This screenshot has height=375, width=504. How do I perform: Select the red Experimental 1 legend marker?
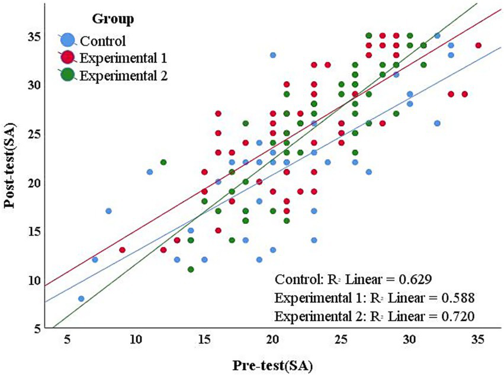click(x=69, y=58)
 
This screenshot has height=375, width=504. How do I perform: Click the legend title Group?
click(x=112, y=19)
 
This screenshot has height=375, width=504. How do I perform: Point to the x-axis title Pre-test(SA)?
click(x=272, y=363)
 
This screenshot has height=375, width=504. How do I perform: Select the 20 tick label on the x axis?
click(x=272, y=341)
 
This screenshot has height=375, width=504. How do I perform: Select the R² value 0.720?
click(x=455, y=316)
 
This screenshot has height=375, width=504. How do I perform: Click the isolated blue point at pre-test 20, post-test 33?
click(x=273, y=55)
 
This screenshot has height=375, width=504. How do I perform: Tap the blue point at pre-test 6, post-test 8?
click(x=81, y=299)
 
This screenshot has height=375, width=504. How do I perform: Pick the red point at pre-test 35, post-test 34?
click(x=478, y=46)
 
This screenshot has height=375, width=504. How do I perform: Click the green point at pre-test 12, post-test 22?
click(x=163, y=162)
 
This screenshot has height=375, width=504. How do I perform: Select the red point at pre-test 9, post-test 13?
click(x=122, y=250)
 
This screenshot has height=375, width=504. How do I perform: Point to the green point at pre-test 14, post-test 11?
click(x=191, y=270)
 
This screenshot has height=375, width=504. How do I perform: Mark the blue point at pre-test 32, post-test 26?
click(x=437, y=123)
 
